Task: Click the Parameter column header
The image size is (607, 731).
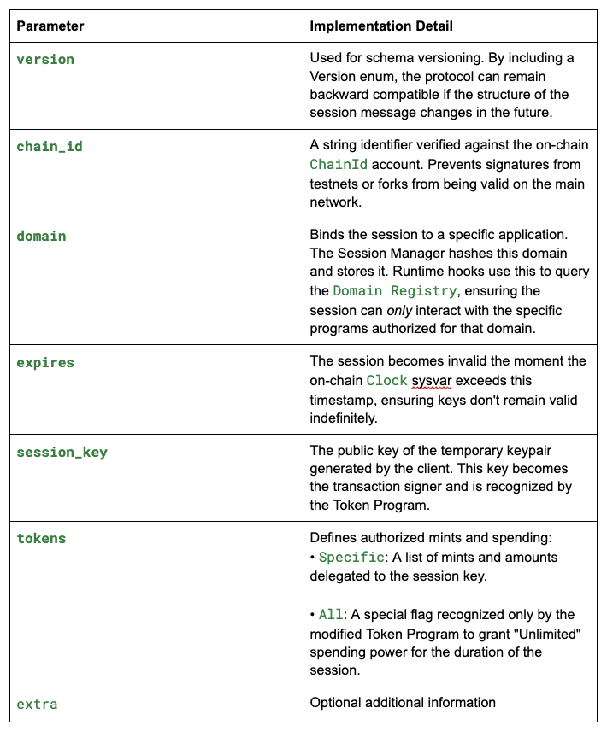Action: click(50, 26)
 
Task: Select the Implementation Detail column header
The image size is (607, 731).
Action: click(381, 26)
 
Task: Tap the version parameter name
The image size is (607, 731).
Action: click(45, 60)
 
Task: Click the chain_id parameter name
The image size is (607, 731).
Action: click(50, 146)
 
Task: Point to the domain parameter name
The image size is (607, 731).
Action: click(41, 236)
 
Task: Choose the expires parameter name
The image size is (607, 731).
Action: click(45, 362)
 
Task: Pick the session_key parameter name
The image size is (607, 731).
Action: click(62, 452)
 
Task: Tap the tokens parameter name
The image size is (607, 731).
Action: click(41, 538)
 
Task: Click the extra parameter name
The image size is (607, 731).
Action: click(37, 704)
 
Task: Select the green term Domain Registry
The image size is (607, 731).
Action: click(395, 291)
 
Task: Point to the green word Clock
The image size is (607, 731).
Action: click(386, 381)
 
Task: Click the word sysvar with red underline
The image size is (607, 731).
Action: click(430, 381)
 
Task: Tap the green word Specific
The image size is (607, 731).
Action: click(352, 558)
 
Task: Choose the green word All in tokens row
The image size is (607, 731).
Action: click(330, 615)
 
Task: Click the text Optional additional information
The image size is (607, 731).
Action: click(403, 703)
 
